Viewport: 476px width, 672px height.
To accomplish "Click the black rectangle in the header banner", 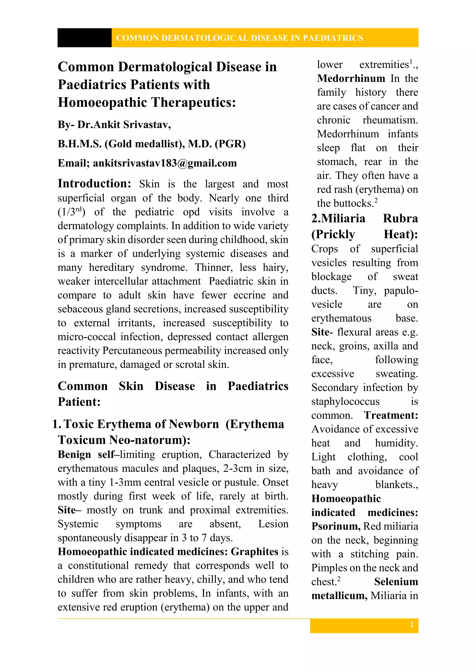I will (84, 38).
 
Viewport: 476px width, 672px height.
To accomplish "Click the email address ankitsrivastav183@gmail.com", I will (165, 163).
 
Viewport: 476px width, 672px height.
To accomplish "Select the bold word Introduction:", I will (94, 184).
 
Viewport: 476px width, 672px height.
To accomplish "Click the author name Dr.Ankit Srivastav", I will (124, 125).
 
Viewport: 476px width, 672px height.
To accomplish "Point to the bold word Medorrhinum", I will (351, 78).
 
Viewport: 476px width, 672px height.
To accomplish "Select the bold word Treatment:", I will (391, 415).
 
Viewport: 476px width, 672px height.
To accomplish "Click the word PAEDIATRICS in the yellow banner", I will (333, 38).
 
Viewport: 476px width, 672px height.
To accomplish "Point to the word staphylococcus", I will (345, 401).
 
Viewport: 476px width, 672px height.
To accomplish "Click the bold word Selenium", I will (396, 582).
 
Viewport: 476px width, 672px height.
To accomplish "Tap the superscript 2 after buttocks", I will (376, 200).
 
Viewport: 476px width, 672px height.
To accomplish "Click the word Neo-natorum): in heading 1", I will (149, 440).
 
